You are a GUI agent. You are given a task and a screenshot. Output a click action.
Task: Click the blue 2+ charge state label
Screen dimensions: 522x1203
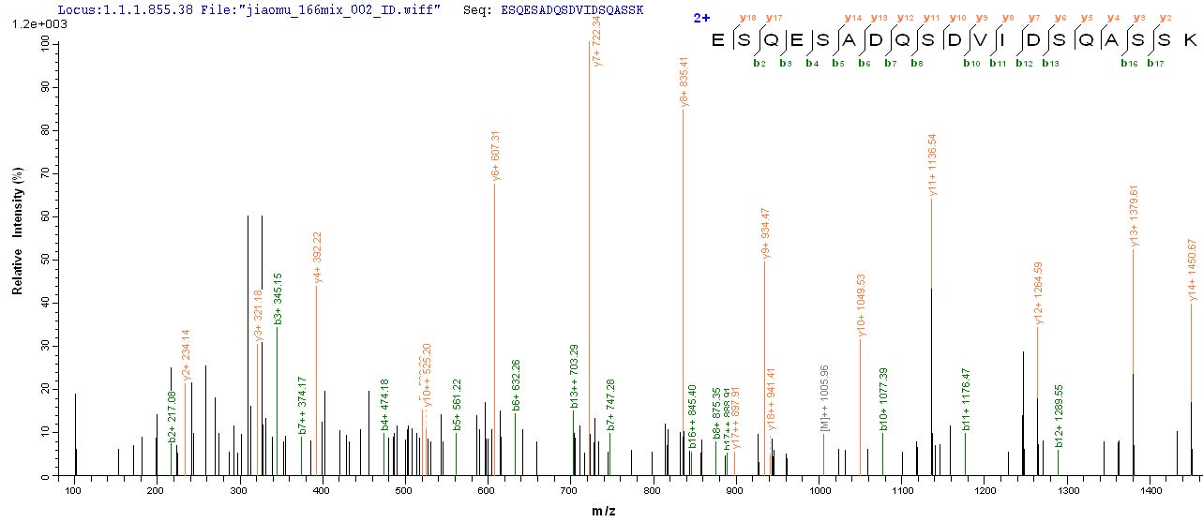(694, 17)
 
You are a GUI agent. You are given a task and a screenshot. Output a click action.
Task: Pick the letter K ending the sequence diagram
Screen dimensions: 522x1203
(1189, 40)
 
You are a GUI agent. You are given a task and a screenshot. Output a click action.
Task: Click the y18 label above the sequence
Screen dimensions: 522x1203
(747, 18)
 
